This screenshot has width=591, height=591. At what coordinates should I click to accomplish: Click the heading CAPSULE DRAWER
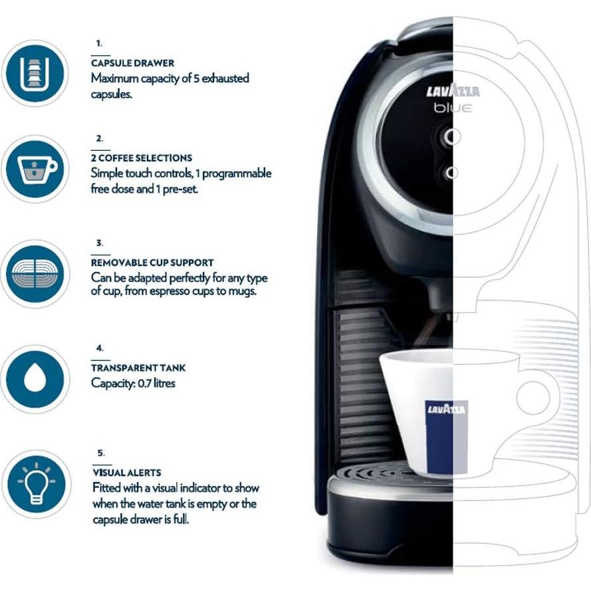[x=132, y=63]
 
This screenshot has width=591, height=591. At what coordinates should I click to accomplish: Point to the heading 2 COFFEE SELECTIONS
[x=141, y=158]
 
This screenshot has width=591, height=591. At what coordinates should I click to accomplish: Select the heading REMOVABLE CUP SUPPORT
[x=152, y=263]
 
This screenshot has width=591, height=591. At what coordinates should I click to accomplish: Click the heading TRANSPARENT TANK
[x=138, y=368]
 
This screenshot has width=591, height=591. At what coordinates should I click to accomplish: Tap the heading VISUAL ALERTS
[x=126, y=473]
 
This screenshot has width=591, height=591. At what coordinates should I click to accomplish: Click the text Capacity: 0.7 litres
[x=133, y=383]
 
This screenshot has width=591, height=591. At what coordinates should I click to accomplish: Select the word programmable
[x=238, y=174]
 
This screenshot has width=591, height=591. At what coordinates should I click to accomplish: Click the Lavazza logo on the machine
[x=453, y=92]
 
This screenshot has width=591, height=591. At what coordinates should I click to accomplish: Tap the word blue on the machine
[x=454, y=108]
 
